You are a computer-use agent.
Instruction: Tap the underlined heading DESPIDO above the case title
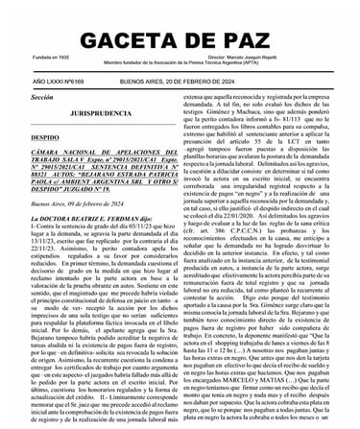click(44, 137)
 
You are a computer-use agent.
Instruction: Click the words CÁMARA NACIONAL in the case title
click(67, 155)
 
